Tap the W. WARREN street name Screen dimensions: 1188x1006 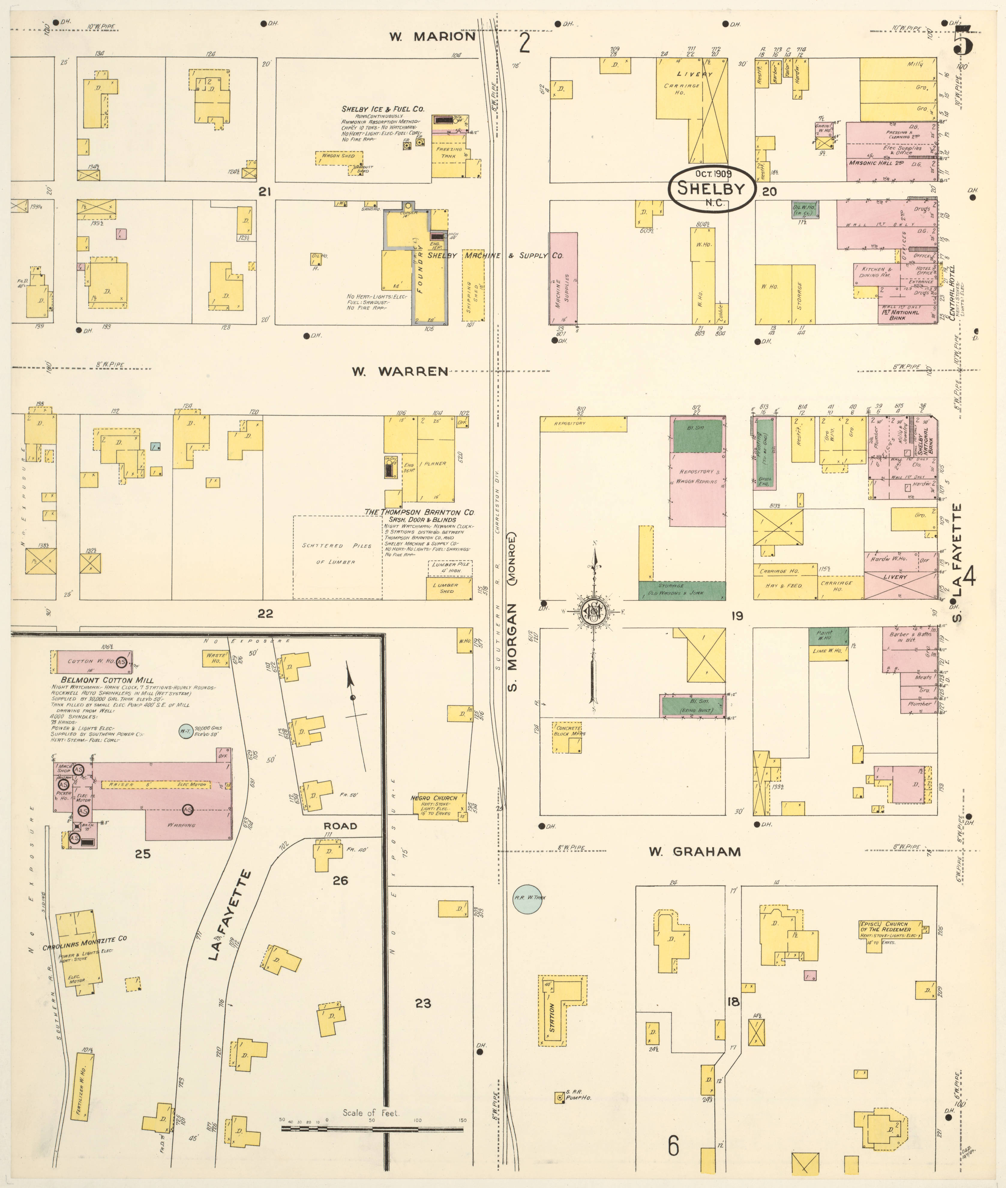click(399, 372)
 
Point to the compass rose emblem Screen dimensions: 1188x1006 click(594, 612)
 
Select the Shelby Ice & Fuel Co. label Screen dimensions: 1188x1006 click(383, 109)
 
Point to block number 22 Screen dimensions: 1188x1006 click(265, 613)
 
